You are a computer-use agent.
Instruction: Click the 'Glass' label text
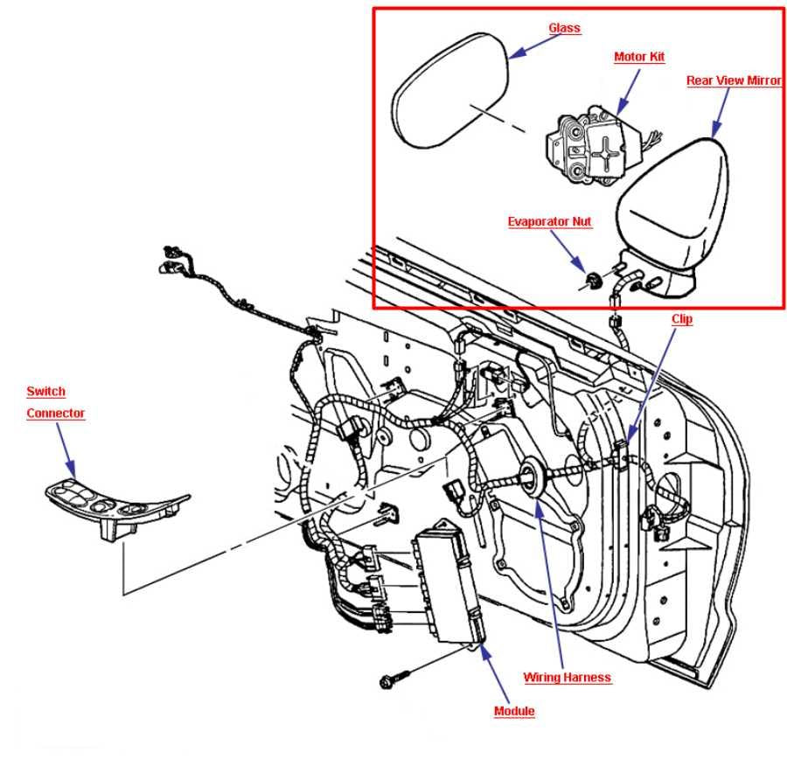click(565, 28)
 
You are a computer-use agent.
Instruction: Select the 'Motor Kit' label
click(639, 57)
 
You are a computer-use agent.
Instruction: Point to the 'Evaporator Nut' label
click(550, 222)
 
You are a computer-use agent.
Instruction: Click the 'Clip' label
click(682, 319)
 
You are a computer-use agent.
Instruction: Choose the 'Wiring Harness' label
click(567, 677)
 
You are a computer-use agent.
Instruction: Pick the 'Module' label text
click(514, 711)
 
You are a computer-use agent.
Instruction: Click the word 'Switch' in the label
click(45, 391)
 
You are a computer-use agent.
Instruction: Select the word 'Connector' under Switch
click(56, 413)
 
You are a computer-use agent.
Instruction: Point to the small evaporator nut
click(592, 281)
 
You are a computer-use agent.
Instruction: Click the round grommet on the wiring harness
click(528, 477)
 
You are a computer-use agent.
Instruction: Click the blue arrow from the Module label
click(494, 672)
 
